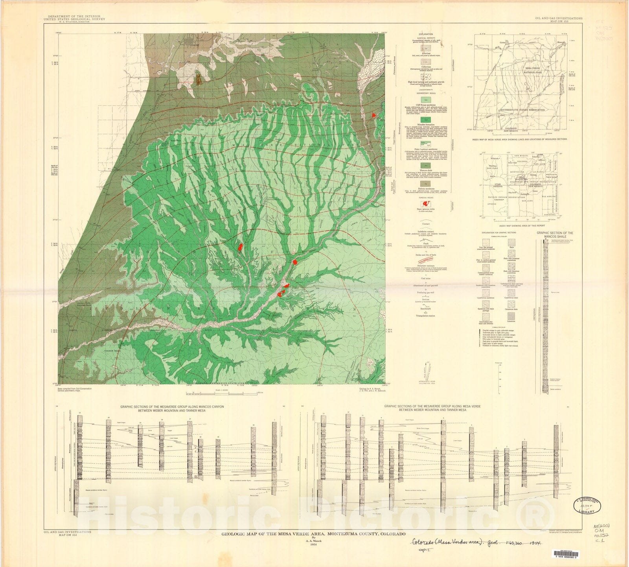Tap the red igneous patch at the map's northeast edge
click(373, 115)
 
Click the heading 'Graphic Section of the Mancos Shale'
click(555, 235)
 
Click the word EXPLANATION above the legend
click(425, 34)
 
